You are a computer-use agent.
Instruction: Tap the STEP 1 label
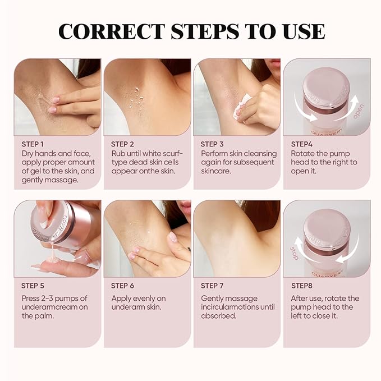point(33,144)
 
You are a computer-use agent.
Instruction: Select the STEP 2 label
point(123,144)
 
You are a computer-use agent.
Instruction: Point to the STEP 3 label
point(213,144)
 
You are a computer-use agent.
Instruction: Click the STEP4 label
point(301,144)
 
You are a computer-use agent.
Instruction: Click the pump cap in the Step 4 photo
point(326,84)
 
